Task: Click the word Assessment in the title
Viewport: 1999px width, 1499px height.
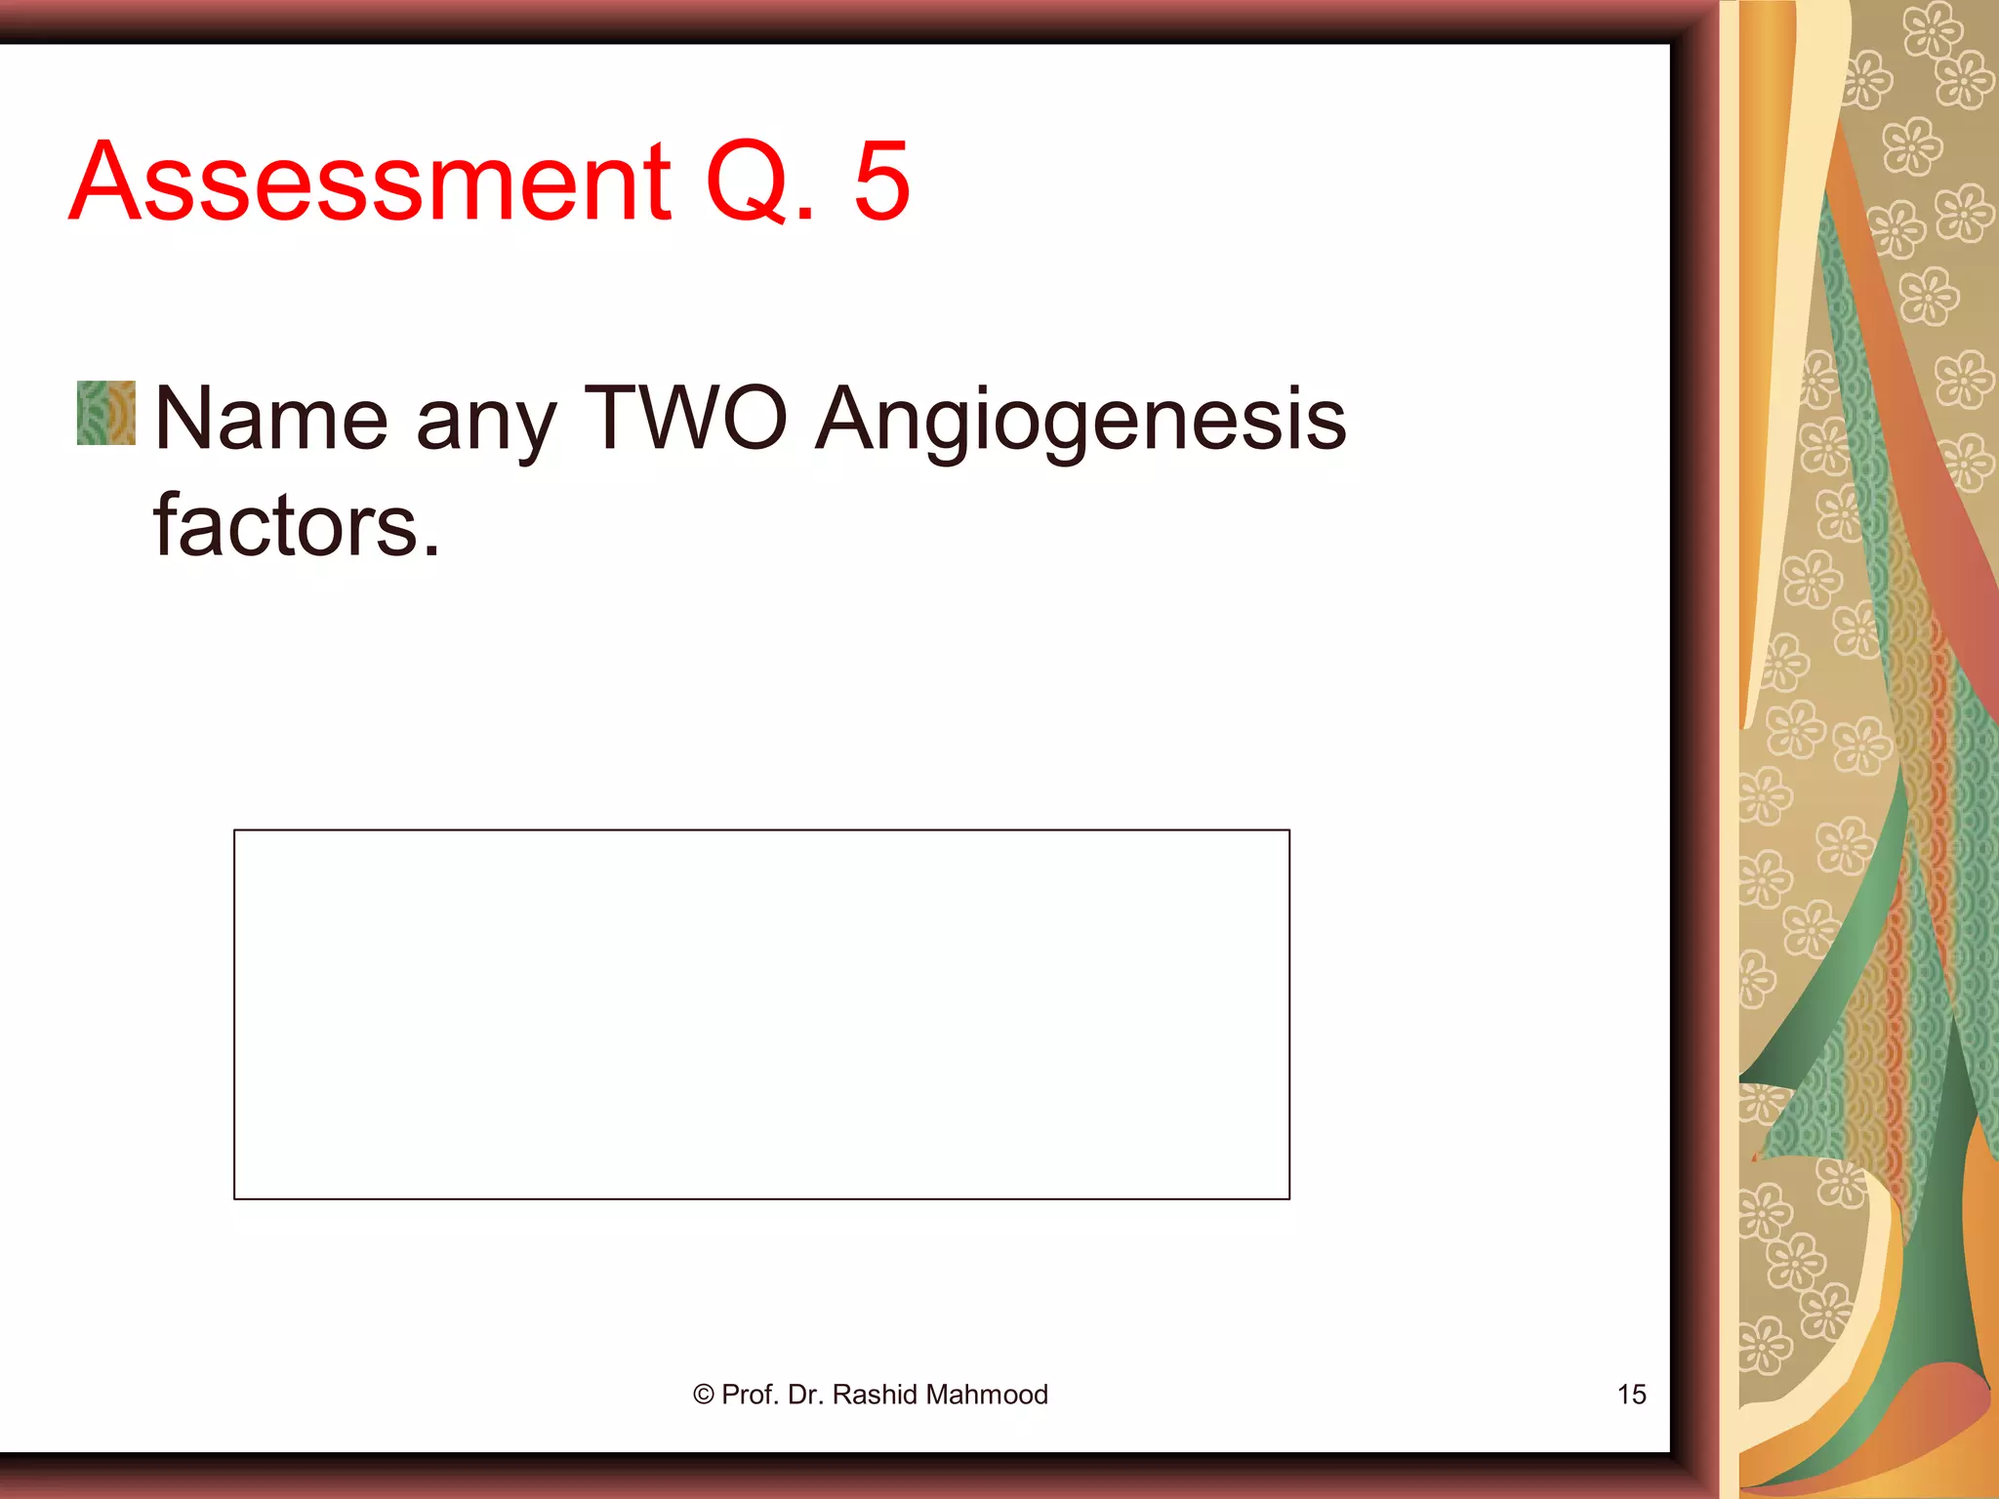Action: [371, 182]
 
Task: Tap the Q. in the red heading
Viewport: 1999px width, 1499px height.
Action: [759, 182]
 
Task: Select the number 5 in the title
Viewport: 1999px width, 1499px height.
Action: [881, 182]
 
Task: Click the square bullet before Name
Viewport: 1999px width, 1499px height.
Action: [106, 413]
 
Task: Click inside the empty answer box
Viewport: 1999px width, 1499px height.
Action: [761, 1014]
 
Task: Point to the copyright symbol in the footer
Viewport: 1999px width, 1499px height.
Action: [703, 1395]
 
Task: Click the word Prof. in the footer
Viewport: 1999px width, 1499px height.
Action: [751, 1395]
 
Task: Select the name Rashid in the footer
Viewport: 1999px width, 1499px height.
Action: [875, 1395]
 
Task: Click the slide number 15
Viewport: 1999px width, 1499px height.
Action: [1631, 1395]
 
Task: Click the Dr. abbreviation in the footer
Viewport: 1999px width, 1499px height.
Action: [805, 1395]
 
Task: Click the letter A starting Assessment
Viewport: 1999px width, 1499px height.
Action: [102, 182]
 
